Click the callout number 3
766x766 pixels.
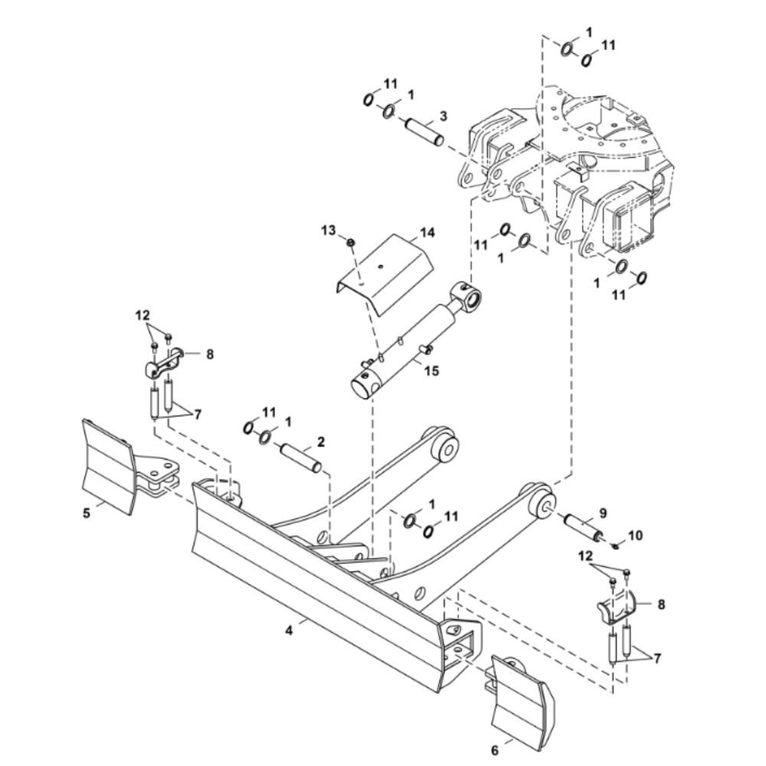click(443, 116)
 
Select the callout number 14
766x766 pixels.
click(427, 232)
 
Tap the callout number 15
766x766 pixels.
click(432, 371)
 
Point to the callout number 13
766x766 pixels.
click(329, 230)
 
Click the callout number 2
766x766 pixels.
click(321, 442)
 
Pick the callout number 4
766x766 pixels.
click(290, 630)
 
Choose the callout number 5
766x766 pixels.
click(87, 513)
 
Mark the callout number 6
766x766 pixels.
click(494, 750)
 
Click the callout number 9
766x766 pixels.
click(603, 513)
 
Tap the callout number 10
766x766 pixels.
click(635, 535)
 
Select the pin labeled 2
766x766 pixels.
click(300, 457)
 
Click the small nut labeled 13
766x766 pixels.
click(350, 242)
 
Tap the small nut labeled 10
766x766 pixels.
click(616, 545)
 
